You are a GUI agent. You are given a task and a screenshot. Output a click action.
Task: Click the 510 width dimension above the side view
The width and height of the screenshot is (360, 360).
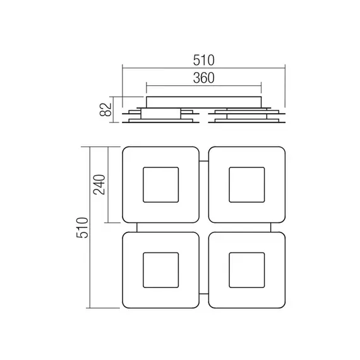coord(203,60)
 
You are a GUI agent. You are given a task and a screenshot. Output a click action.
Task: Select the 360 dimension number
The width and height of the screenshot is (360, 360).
coord(203,78)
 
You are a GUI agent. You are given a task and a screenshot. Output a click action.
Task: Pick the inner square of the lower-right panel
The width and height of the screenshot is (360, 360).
coord(246,270)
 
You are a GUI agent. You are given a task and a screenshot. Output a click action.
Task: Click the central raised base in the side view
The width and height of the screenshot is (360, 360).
coord(203,101)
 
